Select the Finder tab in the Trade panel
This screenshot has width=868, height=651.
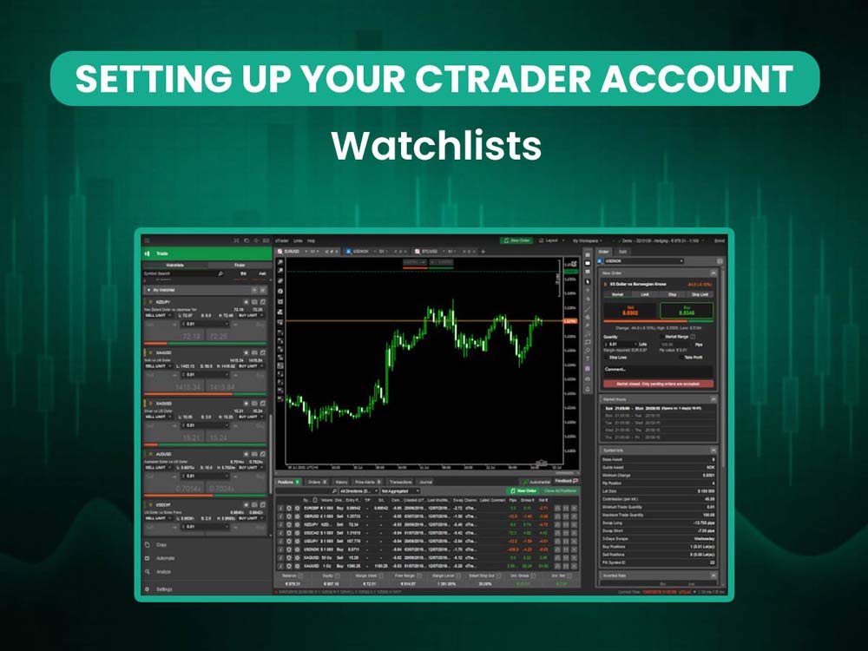(239, 264)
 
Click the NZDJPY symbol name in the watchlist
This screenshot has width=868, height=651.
(161, 302)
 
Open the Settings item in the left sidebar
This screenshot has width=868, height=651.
(164, 589)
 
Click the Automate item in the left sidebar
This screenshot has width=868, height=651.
(165, 558)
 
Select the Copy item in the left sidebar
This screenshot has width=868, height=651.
(161, 544)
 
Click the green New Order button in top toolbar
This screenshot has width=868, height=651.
(516, 240)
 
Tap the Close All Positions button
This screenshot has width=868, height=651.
(559, 490)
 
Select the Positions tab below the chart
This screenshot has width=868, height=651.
(287, 481)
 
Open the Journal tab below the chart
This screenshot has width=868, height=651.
(426, 481)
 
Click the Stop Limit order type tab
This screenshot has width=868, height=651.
(700, 294)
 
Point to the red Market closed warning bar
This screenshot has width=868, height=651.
(658, 383)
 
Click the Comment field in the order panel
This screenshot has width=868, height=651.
(658, 369)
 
